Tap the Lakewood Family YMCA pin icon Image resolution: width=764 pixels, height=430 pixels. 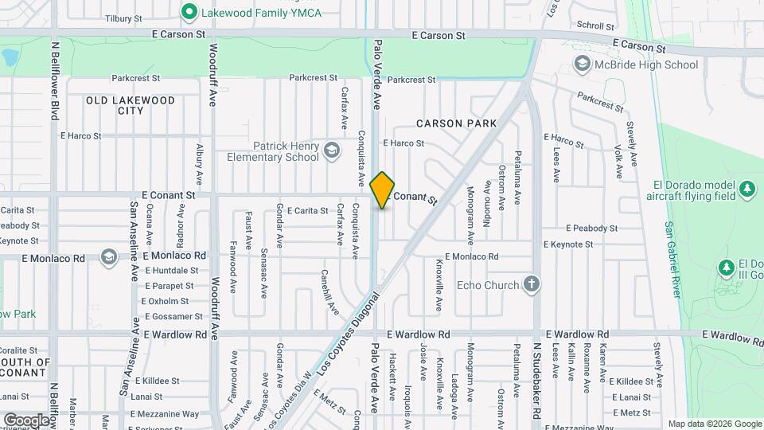point(189,12)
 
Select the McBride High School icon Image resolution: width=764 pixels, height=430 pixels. point(583,64)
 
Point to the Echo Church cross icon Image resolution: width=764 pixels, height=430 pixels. point(532,284)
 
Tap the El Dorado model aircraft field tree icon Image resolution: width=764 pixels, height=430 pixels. point(746,189)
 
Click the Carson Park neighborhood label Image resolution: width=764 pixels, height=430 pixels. point(456,123)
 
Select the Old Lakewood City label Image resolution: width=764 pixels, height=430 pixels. point(131,105)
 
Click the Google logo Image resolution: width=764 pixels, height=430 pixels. point(26,420)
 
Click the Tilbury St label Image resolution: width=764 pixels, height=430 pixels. point(123,18)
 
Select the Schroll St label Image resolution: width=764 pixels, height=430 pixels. point(593,25)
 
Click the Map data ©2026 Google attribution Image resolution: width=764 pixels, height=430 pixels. point(713,424)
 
